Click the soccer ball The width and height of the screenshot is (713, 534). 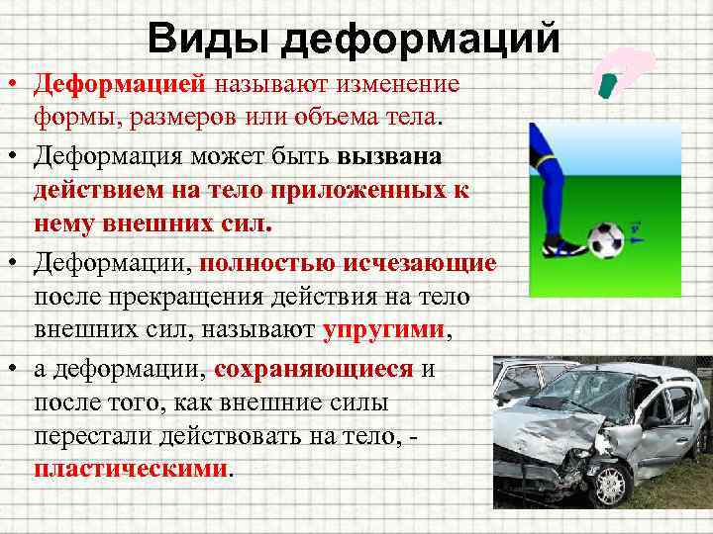coord(605,239)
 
